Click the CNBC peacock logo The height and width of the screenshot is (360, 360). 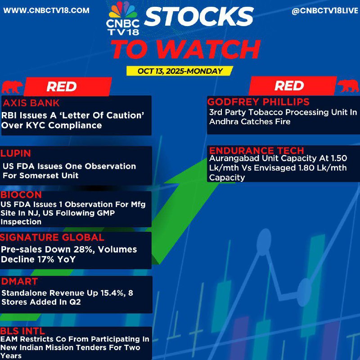(x=123, y=18)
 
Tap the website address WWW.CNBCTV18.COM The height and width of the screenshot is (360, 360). (x=46, y=10)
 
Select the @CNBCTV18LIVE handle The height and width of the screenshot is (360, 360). (x=325, y=11)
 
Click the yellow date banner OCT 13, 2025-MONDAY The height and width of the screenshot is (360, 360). (x=180, y=71)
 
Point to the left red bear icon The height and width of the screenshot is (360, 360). (x=12, y=87)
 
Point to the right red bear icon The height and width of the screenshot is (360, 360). (x=348, y=85)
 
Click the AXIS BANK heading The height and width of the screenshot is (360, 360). (x=31, y=103)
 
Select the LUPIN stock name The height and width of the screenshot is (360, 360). (x=16, y=153)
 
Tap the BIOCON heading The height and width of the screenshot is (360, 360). (x=21, y=195)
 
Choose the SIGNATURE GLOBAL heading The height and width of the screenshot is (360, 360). (x=52, y=238)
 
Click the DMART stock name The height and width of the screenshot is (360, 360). (x=19, y=282)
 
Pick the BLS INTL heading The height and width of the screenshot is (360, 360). (x=22, y=331)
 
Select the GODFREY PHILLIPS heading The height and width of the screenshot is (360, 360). (x=258, y=102)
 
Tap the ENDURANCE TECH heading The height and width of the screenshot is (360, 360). (x=256, y=151)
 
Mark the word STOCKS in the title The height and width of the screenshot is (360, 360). (x=199, y=16)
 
